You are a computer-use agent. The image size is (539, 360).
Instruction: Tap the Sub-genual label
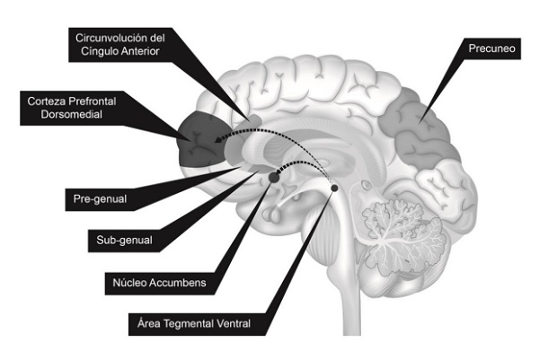[x=123, y=241]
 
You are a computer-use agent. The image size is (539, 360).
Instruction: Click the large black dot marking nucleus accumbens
[x=274, y=178]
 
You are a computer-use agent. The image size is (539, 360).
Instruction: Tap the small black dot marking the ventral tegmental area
[x=334, y=188]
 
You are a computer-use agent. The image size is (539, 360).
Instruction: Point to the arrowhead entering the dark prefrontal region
[x=219, y=140]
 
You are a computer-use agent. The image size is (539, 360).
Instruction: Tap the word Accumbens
[x=184, y=282]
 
